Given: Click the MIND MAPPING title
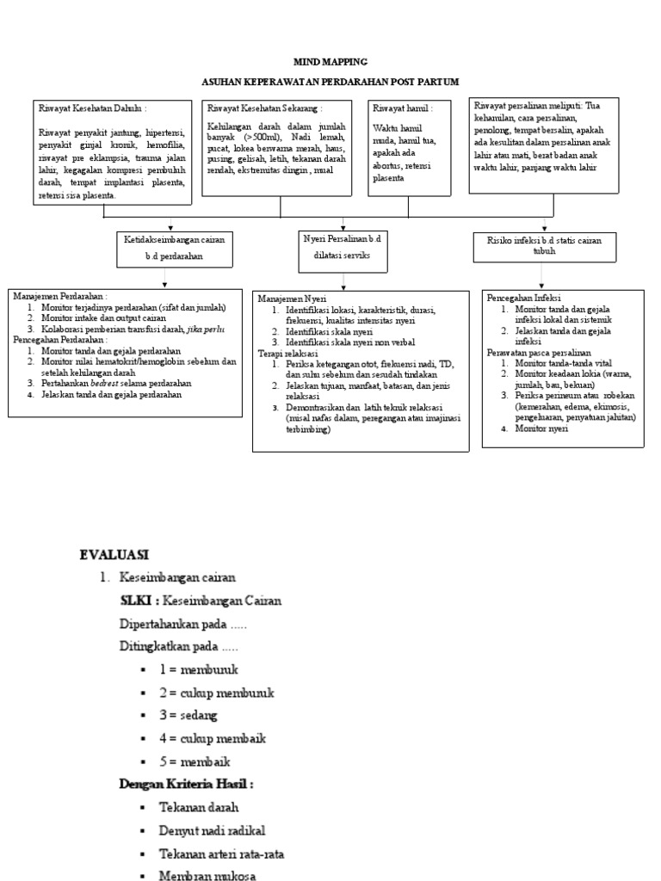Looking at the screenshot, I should click(x=330, y=62).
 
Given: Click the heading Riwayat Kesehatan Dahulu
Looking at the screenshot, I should click(x=92, y=109).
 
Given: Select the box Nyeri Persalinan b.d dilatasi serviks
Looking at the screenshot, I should click(x=343, y=249).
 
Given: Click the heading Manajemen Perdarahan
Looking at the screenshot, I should click(x=60, y=296).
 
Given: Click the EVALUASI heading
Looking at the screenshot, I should click(x=114, y=553).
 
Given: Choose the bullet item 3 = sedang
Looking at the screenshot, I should click(x=188, y=715).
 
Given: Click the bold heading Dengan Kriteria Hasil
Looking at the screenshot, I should click(x=185, y=785).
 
